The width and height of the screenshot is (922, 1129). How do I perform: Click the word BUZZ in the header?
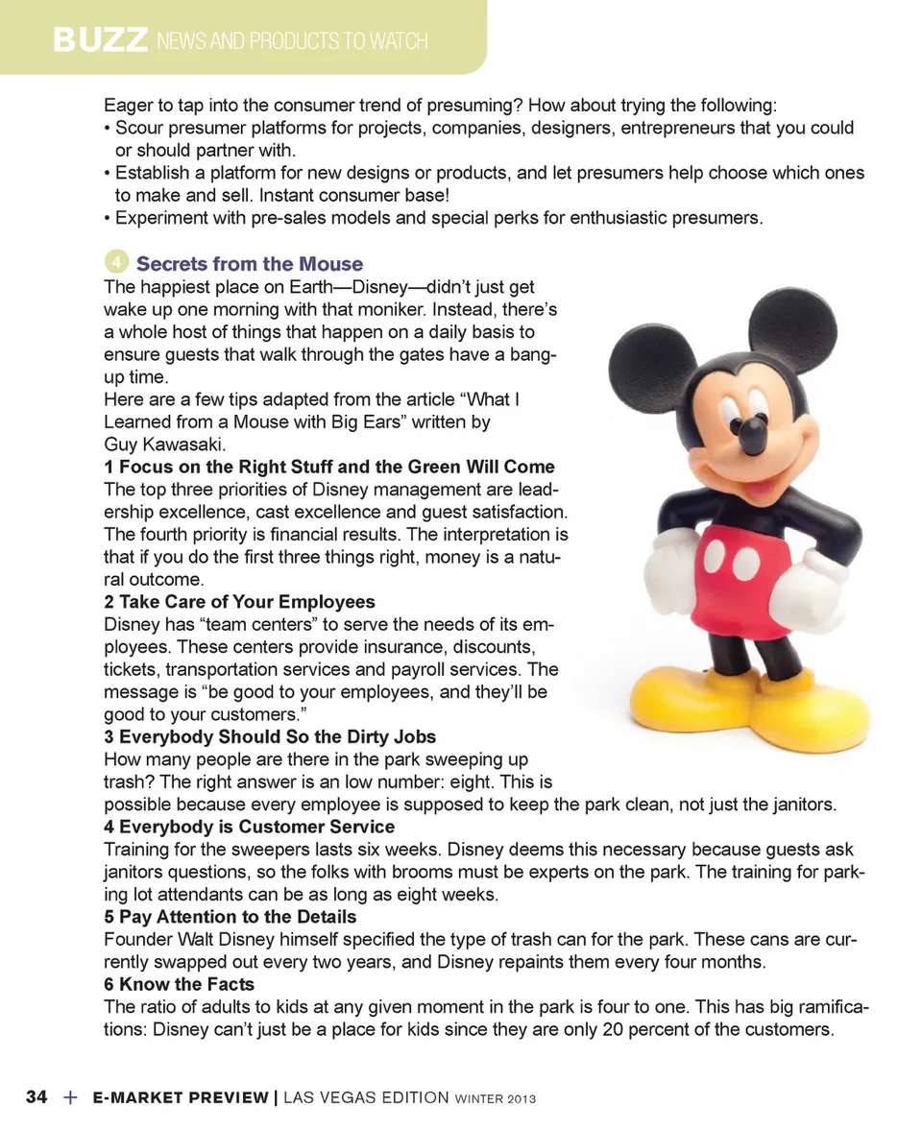(x=101, y=40)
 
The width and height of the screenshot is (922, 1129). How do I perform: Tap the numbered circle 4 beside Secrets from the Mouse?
(x=114, y=261)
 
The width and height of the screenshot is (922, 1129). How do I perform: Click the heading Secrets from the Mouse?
(x=250, y=264)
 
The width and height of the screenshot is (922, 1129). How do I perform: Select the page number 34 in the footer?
(x=36, y=1096)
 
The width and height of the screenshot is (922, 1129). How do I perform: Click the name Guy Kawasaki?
(x=164, y=444)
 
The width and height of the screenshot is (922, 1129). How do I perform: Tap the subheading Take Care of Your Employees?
(x=239, y=602)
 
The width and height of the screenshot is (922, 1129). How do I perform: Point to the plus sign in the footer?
(x=70, y=1096)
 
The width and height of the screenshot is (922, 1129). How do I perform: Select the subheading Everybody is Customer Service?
(x=249, y=827)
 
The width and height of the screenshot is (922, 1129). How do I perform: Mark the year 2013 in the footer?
(x=515, y=1098)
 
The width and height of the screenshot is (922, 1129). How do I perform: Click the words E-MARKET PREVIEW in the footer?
(x=181, y=1097)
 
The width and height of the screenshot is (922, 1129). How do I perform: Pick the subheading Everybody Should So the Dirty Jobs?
(x=270, y=737)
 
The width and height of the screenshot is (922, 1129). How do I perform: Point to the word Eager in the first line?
(x=128, y=105)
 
